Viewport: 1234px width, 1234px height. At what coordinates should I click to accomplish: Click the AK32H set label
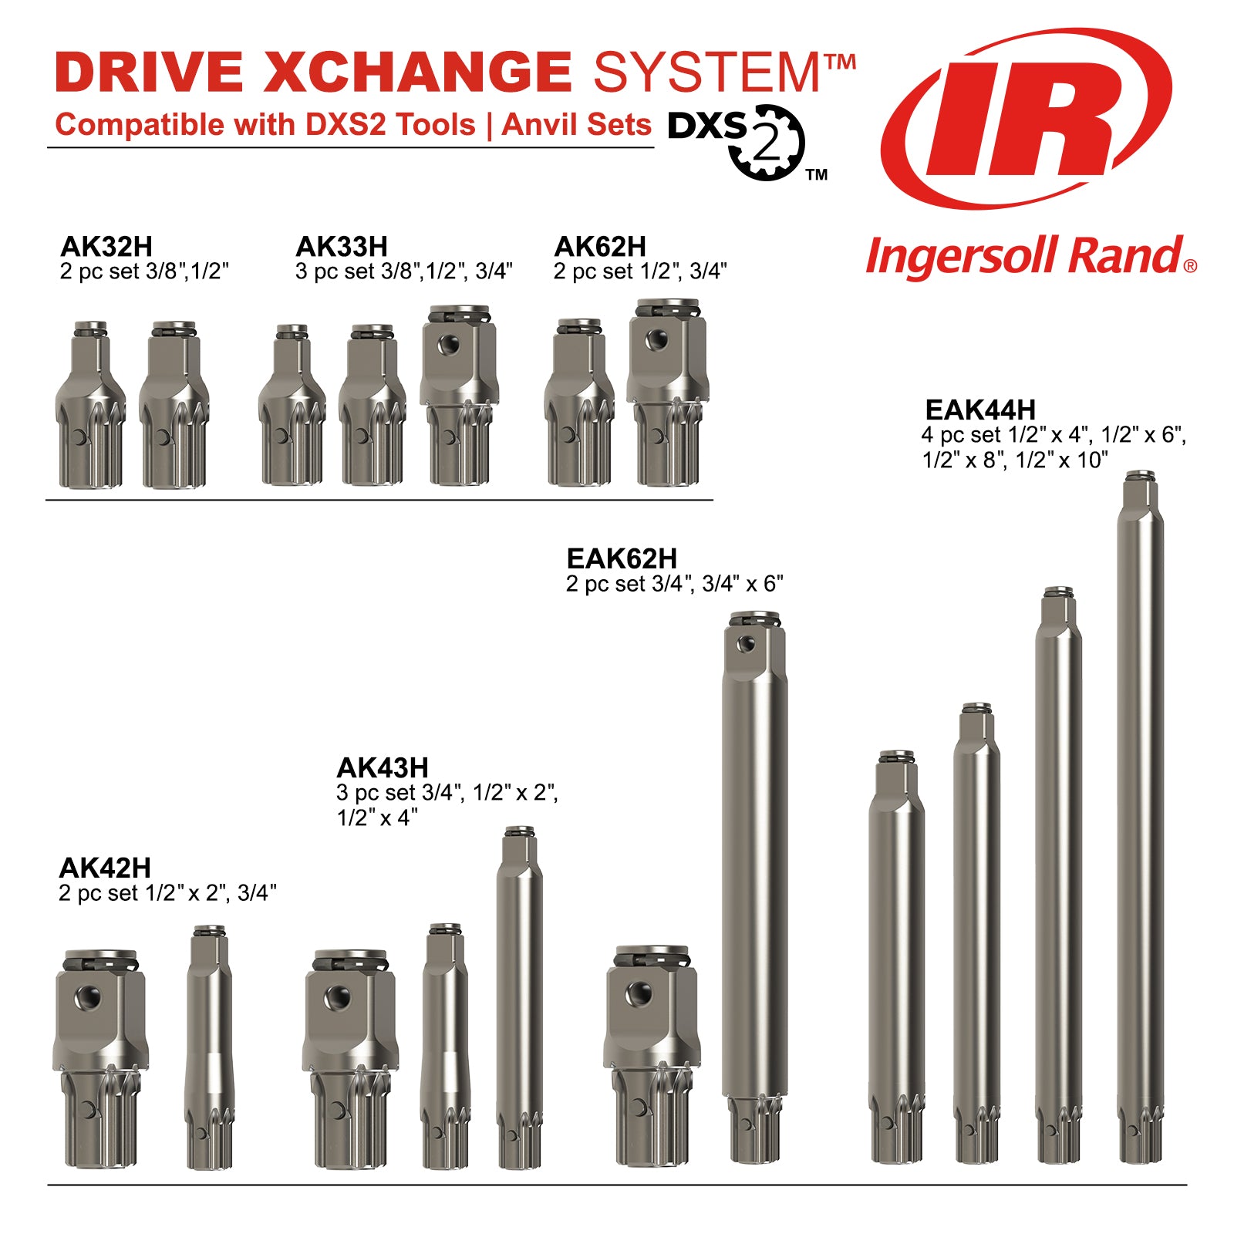[106, 247]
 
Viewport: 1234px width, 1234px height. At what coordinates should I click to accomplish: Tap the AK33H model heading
[342, 247]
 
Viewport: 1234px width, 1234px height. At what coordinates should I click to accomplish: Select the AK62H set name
[600, 247]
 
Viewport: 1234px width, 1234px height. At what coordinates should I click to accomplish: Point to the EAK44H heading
[979, 410]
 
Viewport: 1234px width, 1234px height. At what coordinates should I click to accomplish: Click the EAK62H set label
[622, 558]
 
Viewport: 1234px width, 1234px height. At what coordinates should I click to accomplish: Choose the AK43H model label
[383, 767]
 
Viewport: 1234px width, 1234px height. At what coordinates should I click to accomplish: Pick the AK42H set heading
[105, 868]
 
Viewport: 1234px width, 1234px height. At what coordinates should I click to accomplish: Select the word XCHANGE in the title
[416, 72]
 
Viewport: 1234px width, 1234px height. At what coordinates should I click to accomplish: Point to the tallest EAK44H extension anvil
[1140, 818]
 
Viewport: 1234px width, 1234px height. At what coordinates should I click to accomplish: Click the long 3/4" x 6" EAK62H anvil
[754, 887]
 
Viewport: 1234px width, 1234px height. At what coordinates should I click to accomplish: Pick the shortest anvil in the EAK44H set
[896, 956]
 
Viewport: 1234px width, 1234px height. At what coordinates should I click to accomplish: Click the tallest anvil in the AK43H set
[518, 999]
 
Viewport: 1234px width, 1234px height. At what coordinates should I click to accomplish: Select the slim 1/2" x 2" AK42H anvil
[208, 1049]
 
